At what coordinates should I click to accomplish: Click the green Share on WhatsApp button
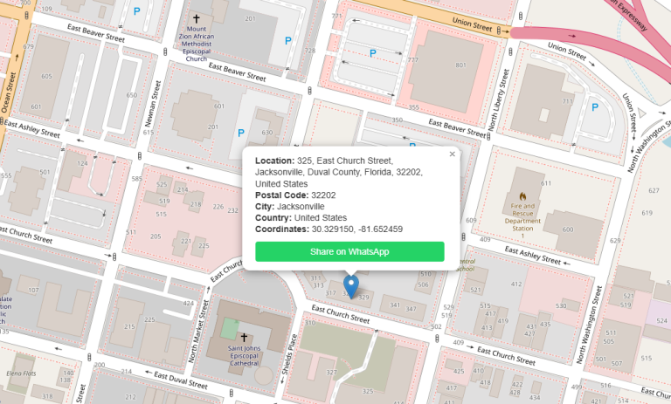tap(349, 251)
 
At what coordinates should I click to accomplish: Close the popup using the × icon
tap(452, 154)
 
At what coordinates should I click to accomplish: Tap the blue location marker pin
tap(350, 286)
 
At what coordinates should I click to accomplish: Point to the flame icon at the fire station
tap(522, 197)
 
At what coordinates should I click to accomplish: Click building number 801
tap(460, 65)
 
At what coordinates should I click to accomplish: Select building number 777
tap(412, 59)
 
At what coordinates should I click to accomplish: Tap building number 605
tap(46, 77)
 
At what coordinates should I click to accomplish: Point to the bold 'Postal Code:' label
tap(282, 195)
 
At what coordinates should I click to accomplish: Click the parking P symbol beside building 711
tap(595, 108)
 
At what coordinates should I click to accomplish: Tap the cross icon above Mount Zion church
tap(197, 18)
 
